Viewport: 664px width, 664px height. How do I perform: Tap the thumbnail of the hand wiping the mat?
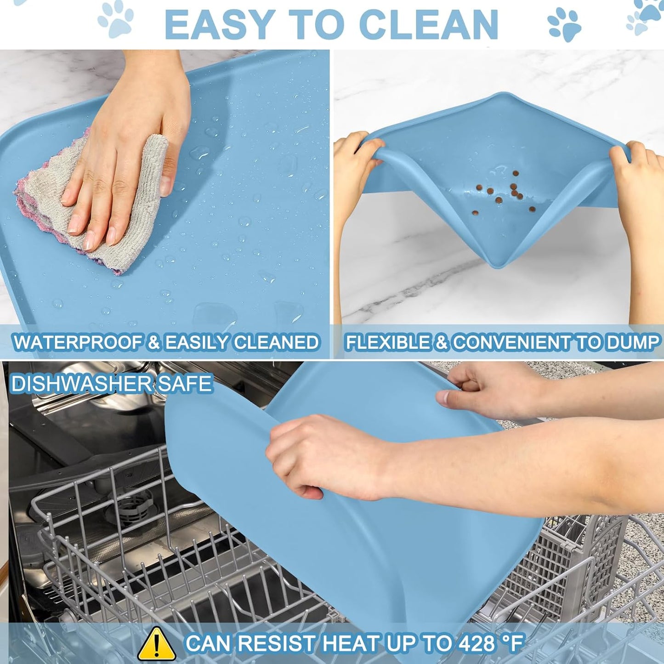[x=165, y=204]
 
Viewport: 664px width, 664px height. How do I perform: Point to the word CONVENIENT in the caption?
[x=511, y=342]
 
